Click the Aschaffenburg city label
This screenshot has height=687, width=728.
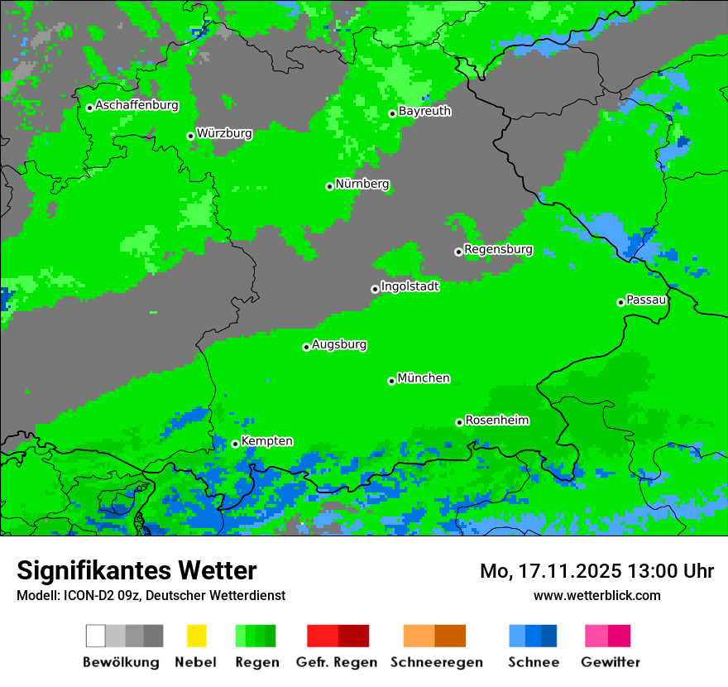pos(136,105)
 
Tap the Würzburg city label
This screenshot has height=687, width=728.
pos(224,133)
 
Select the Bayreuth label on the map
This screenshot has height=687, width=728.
pos(424,111)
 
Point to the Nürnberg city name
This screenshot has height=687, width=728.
pos(362,184)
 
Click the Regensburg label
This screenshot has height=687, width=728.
pos(498,249)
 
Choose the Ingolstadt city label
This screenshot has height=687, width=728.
pos(409,286)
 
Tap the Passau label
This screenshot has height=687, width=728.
pos(646,300)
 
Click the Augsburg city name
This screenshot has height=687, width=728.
pos(339,344)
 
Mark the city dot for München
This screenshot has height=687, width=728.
pos(391,381)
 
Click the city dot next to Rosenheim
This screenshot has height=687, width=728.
pos(459,422)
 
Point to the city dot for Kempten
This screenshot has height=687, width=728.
pos(235,444)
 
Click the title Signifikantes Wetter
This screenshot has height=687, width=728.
pos(136,570)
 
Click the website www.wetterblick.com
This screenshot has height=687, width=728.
pos(596,595)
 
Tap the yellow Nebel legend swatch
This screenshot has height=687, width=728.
pos(196,636)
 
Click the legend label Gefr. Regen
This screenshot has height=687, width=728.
pos(337,662)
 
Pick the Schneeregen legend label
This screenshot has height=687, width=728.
pos(436,662)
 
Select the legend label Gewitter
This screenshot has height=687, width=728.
pos(610,662)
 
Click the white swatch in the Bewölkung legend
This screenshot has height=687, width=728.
pos(96,636)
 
